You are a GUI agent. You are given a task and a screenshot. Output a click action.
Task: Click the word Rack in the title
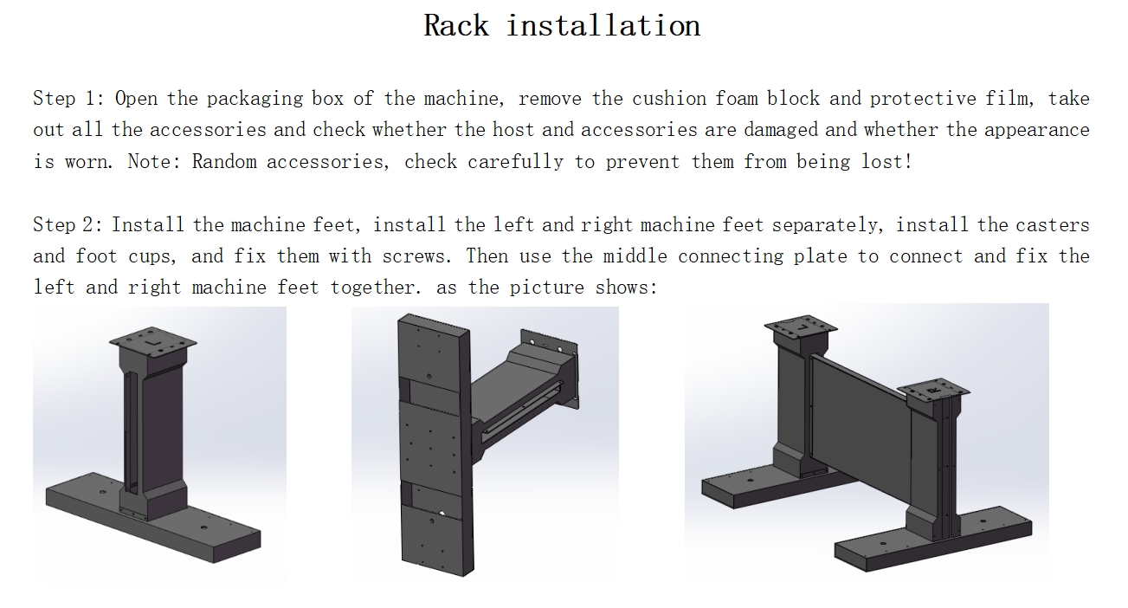tap(456, 26)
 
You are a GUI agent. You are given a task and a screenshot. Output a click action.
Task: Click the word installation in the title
tap(603, 26)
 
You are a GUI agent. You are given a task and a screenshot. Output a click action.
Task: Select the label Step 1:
tap(68, 99)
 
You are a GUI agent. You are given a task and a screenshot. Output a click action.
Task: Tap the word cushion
tap(669, 99)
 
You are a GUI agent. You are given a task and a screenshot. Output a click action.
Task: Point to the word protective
tap(923, 99)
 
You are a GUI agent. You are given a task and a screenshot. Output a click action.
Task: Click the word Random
tap(224, 162)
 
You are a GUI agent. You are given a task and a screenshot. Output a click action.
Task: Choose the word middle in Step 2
tap(635, 256)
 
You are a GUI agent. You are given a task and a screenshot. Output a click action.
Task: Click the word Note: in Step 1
tap(154, 162)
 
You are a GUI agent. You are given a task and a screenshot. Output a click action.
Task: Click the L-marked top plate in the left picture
tap(153, 342)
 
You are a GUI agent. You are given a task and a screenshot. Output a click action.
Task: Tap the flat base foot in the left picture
tap(153, 518)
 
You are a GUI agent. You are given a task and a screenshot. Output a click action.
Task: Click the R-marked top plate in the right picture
tap(934, 391)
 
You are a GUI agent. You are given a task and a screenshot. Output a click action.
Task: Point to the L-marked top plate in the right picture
tap(801, 328)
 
